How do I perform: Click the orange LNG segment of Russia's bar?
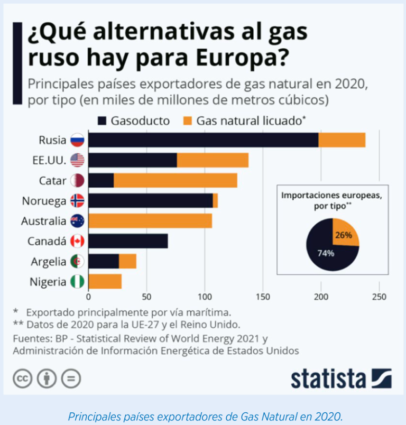pyautogui.click(x=342, y=140)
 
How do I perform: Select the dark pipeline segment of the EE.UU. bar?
pyautogui.click(x=132, y=160)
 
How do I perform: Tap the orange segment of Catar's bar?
pyautogui.click(x=175, y=180)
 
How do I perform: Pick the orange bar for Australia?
pyautogui.click(x=150, y=220)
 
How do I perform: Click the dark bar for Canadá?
pyautogui.click(x=128, y=241)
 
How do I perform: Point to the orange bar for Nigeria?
pyautogui.click(x=105, y=281)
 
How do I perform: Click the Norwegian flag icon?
pyautogui.click(x=77, y=201)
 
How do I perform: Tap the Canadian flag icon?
pyautogui.click(x=77, y=242)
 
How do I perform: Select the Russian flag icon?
pyautogui.click(x=77, y=140)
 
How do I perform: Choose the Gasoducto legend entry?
pyautogui.click(x=133, y=121)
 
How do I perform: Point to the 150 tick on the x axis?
pyautogui.click(x=263, y=297)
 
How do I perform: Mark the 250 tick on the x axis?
pyautogui.click(x=379, y=297)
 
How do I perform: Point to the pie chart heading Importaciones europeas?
pyautogui.click(x=333, y=195)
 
